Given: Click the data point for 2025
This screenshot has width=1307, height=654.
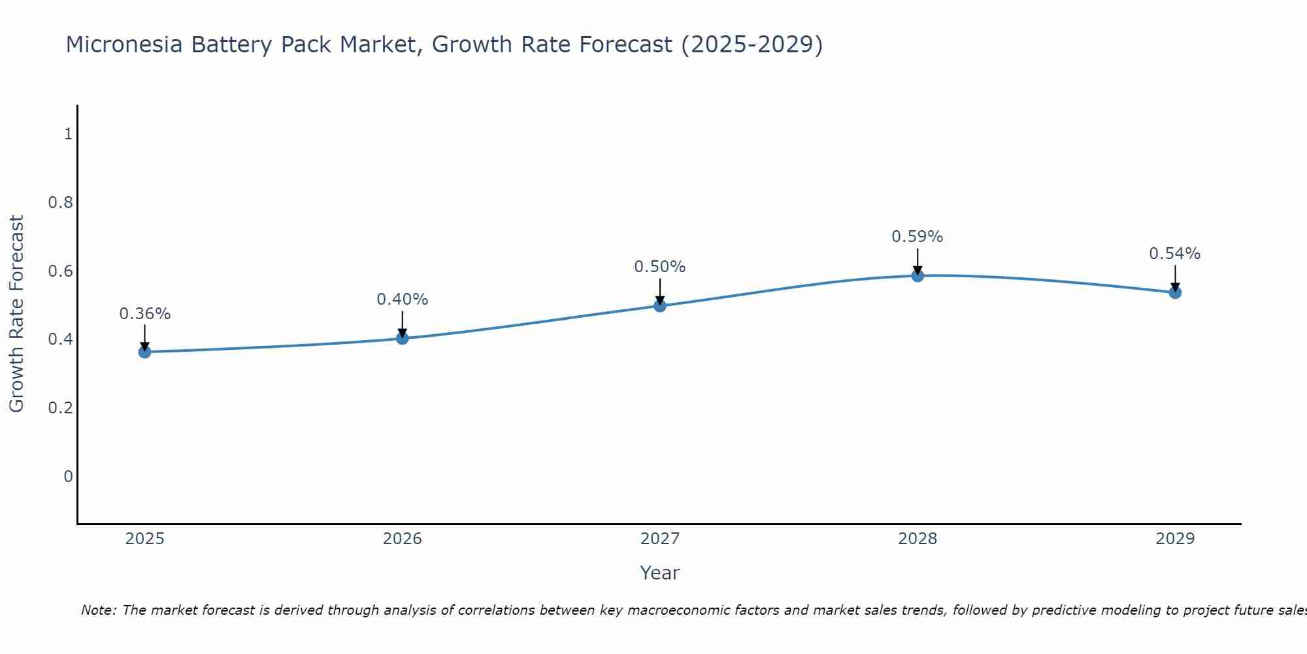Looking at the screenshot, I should (x=144, y=352).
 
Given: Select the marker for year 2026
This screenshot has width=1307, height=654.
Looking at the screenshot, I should (x=402, y=338).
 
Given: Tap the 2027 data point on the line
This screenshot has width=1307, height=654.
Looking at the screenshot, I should (x=659, y=305).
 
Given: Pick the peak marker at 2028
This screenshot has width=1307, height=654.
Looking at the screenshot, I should (x=918, y=275).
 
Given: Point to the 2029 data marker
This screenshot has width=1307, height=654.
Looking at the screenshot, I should (x=1175, y=292).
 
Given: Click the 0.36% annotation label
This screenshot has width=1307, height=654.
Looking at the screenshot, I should (x=144, y=314).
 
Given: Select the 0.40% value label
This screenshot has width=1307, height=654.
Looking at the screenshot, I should (x=402, y=300).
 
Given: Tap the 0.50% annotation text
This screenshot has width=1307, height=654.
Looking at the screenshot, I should (x=659, y=267).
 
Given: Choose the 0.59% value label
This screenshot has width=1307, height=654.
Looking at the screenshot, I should (x=918, y=237).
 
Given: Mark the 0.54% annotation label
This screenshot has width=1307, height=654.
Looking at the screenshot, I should (x=1175, y=254).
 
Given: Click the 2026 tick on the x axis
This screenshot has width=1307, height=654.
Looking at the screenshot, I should (x=402, y=539).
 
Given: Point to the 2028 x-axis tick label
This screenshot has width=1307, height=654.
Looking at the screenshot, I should (x=918, y=539).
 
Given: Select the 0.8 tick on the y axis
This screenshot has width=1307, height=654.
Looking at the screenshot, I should (x=60, y=203).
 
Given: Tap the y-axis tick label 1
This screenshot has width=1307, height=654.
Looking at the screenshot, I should (x=68, y=134).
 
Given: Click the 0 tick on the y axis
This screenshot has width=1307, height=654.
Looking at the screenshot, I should (x=68, y=476).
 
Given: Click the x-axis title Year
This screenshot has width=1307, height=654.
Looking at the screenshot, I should (x=659, y=573).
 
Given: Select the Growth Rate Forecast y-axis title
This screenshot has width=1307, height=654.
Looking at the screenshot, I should (x=16, y=314).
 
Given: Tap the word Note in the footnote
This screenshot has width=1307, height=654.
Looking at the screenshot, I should (x=98, y=610).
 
